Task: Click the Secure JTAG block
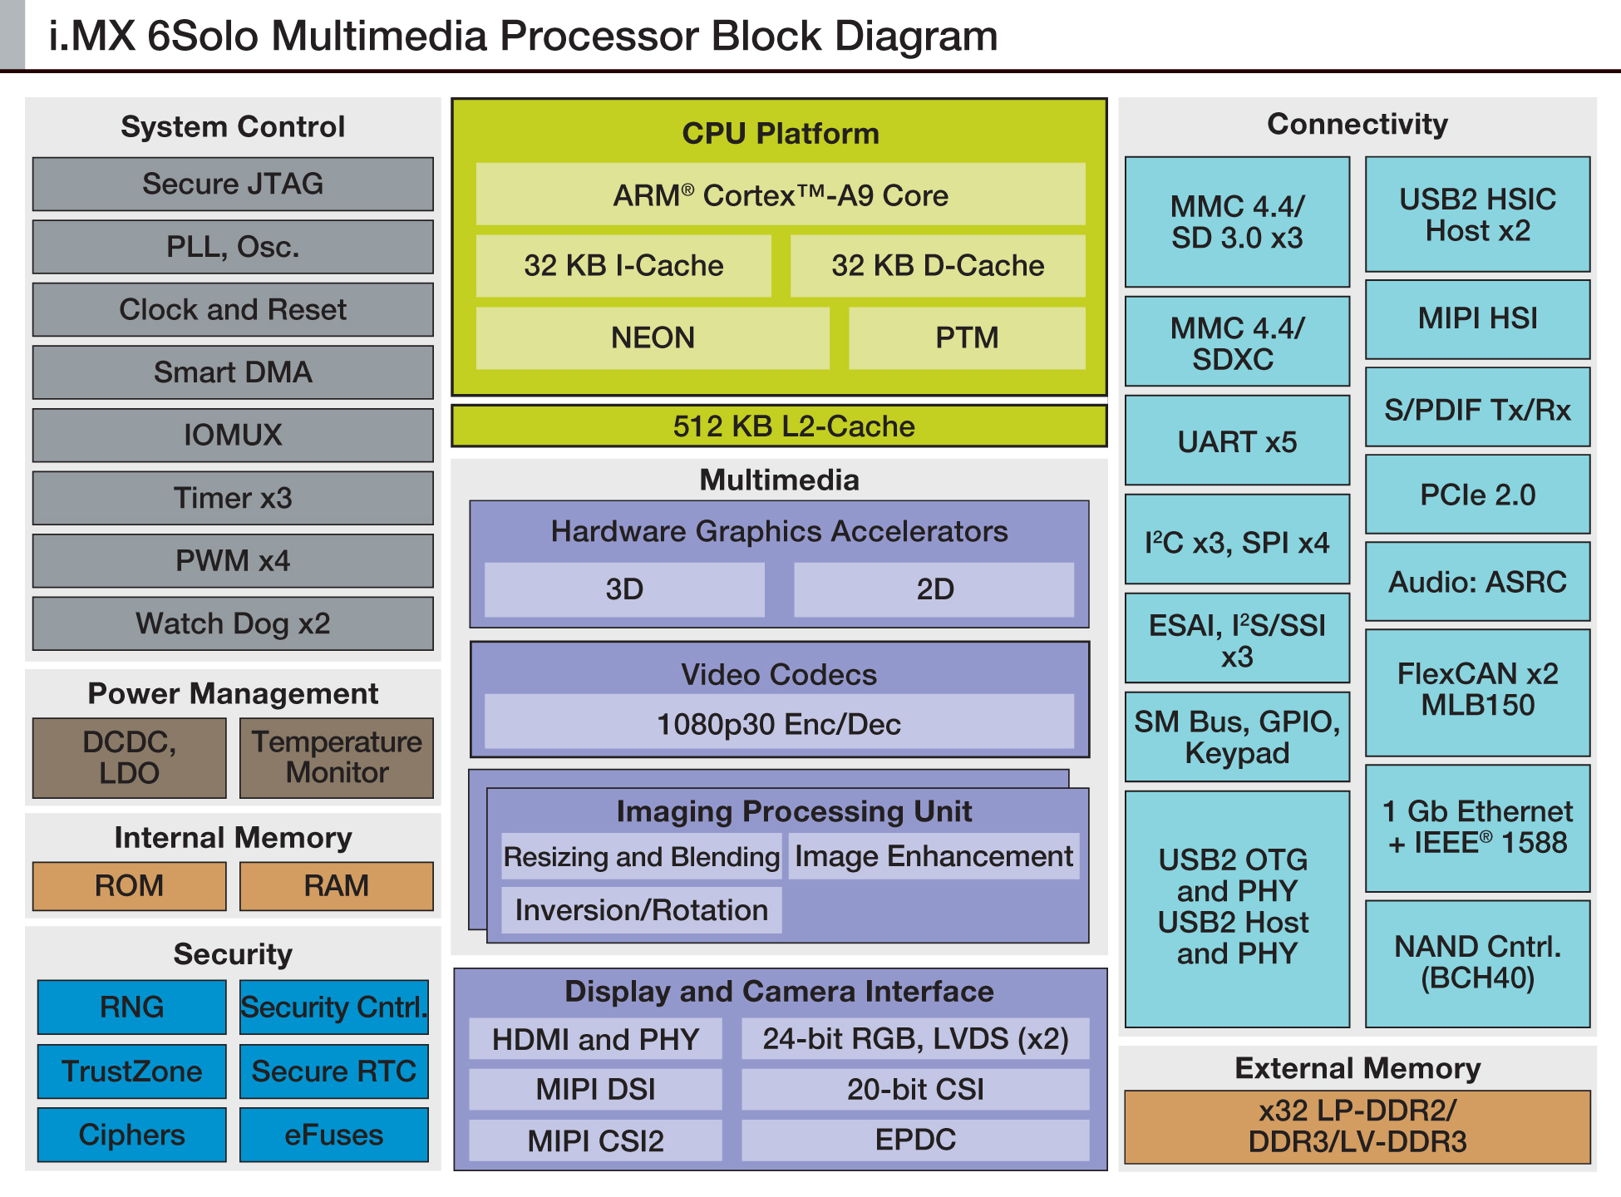coord(233,184)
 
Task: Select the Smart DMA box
coord(233,372)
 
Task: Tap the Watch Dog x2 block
coord(233,623)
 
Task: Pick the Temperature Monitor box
coord(337,757)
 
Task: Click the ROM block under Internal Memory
coord(129,885)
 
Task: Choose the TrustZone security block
coord(131,1071)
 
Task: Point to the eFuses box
coord(334,1135)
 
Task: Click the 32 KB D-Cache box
coord(937,265)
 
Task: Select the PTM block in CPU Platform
coord(967,337)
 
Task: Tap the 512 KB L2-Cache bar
coord(779,426)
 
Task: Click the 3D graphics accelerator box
coord(624,589)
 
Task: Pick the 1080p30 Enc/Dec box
coord(779,724)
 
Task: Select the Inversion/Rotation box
coord(641,910)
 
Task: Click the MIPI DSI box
coord(595,1089)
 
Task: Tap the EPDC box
coord(915,1140)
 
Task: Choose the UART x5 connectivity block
coord(1237,441)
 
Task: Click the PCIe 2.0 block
coord(1477,495)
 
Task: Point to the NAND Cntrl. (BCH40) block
coord(1477,963)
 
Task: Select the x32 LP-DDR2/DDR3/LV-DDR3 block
coord(1357,1126)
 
